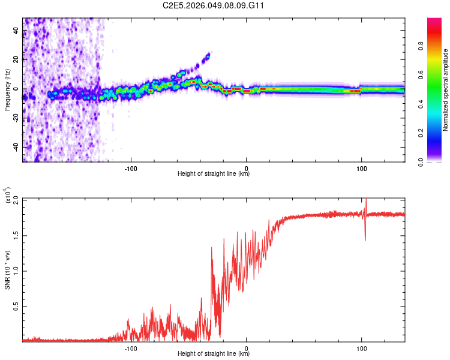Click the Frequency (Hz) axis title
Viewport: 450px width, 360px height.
(x=7, y=89)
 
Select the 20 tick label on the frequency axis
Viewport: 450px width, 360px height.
(x=16, y=59)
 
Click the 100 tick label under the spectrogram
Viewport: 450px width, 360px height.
(x=362, y=169)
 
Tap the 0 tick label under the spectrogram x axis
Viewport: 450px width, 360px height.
(x=247, y=169)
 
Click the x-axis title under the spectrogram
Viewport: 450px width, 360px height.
(x=214, y=175)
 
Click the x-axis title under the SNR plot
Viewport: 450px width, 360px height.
(x=214, y=355)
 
